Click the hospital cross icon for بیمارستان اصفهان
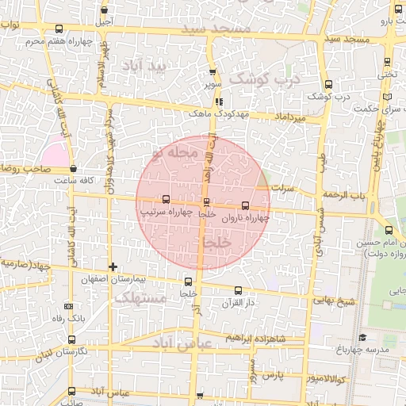[x=113, y=266]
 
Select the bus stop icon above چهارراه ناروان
[x=243, y=205]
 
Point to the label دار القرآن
[x=239, y=302]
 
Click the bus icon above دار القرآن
[x=239, y=290]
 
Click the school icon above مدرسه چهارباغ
[x=362, y=338]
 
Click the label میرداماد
[x=290, y=118]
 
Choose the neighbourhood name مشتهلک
[x=140, y=297]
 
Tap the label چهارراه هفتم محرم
[x=56, y=40]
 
